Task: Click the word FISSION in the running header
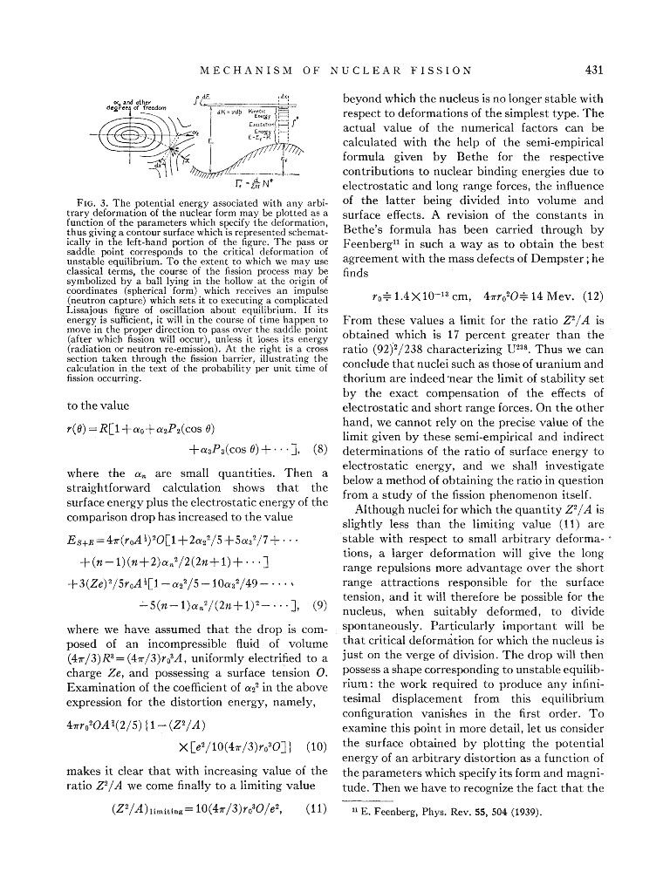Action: (x=442, y=70)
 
